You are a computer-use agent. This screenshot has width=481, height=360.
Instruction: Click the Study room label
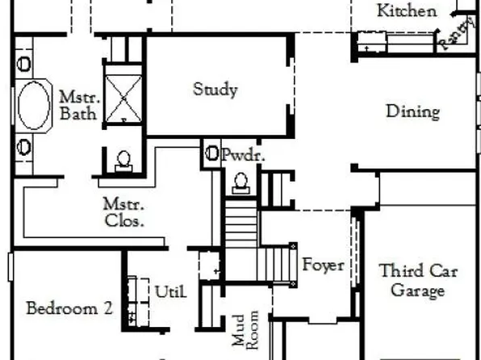pyautogui.click(x=215, y=89)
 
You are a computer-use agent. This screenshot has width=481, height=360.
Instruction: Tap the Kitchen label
pyautogui.click(x=408, y=11)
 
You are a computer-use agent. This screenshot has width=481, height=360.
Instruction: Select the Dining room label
pyautogui.click(x=412, y=111)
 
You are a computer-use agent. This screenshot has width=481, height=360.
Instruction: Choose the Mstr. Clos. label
pyautogui.click(x=123, y=212)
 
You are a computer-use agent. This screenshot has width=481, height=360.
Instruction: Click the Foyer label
pyautogui.click(x=323, y=264)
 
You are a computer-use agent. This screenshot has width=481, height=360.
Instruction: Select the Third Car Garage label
pyautogui.click(x=418, y=280)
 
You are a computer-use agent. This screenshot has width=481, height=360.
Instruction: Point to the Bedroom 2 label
pyautogui.click(x=69, y=308)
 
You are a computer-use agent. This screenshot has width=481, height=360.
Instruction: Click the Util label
pyautogui.click(x=170, y=291)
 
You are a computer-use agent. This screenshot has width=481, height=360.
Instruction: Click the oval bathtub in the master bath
pyautogui.click(x=34, y=105)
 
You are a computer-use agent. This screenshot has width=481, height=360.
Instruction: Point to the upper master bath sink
pyautogui.click(x=25, y=61)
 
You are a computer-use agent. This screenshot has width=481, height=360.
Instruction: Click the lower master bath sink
pyautogui.click(x=25, y=147)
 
